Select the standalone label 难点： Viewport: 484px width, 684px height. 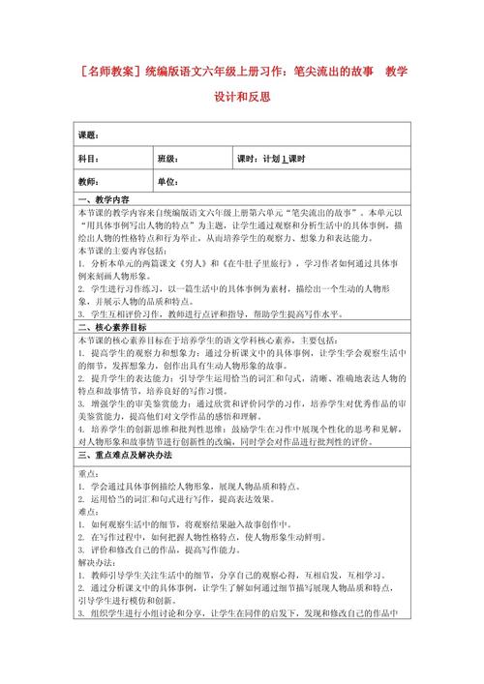coord(88,511)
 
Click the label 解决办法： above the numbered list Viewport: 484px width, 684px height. coord(95,561)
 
